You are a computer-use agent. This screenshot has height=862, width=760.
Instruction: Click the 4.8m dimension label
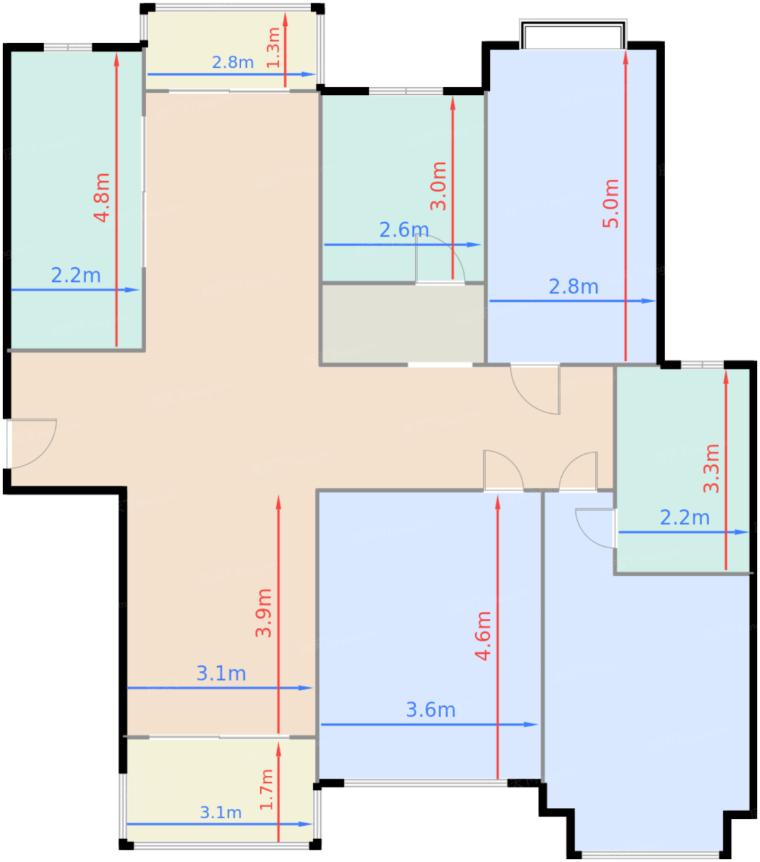point(102,198)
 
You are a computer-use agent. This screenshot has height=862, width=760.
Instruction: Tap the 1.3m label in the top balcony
point(273,47)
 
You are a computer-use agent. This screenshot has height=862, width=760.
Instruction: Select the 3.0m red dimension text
point(439,186)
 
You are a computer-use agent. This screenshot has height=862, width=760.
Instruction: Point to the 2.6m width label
point(404,230)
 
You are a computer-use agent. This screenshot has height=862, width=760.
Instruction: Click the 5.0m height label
point(610,203)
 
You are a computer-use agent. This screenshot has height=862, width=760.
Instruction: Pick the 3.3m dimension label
point(711,469)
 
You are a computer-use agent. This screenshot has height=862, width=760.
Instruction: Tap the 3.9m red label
point(263,613)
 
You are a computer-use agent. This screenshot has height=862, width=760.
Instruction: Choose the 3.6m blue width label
point(430,710)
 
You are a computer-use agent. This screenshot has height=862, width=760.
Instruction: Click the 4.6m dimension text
point(483,636)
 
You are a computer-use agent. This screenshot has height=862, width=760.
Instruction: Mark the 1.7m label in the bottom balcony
point(266,790)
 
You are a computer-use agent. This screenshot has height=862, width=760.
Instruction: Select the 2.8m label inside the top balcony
point(233,63)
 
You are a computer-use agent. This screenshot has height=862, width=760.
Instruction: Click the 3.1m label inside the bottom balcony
point(221,813)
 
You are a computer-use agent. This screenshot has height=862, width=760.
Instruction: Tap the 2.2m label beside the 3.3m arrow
point(684,517)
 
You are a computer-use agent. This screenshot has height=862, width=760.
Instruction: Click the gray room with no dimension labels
point(402,324)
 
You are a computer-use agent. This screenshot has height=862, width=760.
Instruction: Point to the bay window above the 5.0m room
point(573,34)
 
